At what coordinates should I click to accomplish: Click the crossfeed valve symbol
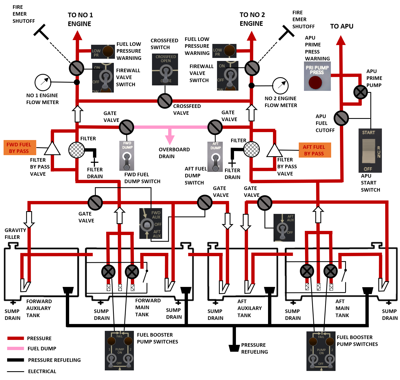[165, 101]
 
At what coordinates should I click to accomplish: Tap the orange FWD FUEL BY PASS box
[20, 148]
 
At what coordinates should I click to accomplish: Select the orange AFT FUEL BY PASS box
[315, 150]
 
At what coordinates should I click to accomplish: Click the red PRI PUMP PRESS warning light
[316, 82]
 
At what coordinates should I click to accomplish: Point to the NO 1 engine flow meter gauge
[43, 82]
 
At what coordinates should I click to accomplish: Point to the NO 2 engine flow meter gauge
[280, 86]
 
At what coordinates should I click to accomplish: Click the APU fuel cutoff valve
[341, 118]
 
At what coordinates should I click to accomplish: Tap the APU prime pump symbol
[360, 92]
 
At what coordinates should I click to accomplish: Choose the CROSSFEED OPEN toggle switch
[165, 69]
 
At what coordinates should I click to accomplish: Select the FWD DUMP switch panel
[127, 156]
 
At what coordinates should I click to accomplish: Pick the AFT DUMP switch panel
[215, 157]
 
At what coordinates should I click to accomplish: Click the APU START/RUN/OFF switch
[370, 150]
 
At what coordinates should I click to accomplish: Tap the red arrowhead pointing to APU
[341, 40]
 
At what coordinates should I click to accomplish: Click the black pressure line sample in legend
[16, 360]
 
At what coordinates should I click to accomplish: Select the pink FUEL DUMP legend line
[16, 348]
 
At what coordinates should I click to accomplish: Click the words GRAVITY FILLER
[15, 234]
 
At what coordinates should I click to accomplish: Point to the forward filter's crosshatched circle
[77, 150]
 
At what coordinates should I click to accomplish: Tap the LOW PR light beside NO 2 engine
[224, 51]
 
